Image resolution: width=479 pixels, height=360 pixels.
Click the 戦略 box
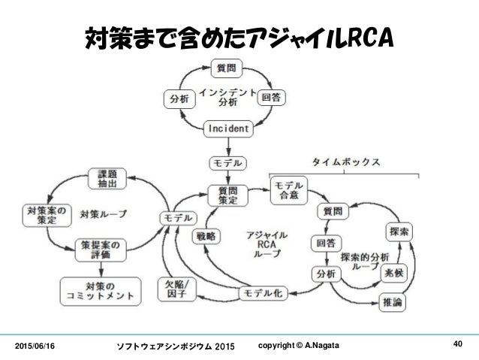206,235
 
